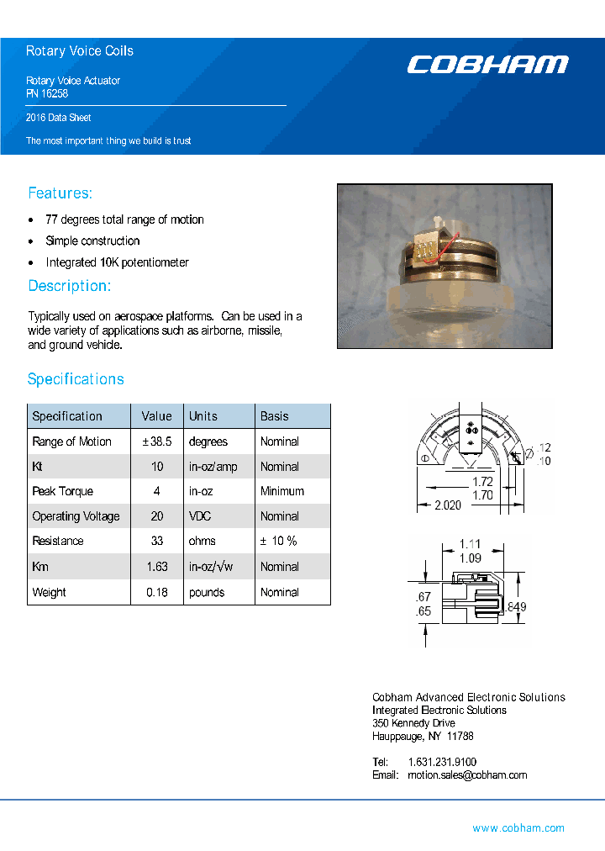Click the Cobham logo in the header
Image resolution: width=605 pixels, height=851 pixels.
pyautogui.click(x=487, y=65)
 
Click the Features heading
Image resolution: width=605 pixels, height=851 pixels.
pyautogui.click(x=60, y=193)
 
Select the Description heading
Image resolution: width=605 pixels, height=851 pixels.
pyautogui.click(x=69, y=286)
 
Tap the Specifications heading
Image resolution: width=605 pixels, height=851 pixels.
pyautogui.click(x=76, y=379)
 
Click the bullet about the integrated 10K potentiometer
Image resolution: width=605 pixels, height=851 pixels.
pyautogui.click(x=117, y=262)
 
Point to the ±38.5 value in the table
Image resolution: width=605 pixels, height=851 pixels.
pyautogui.click(x=156, y=441)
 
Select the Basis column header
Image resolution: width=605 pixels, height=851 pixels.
pyautogui.click(x=274, y=416)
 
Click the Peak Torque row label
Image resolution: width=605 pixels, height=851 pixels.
pyautogui.click(x=62, y=491)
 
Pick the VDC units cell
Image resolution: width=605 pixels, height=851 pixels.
pyautogui.click(x=202, y=516)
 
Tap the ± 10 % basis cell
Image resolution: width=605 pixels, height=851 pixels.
pyautogui.click(x=278, y=541)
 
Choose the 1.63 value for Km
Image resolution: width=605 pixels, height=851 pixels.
pyautogui.click(x=157, y=567)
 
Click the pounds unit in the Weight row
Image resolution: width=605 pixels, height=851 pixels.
pyautogui.click(x=207, y=592)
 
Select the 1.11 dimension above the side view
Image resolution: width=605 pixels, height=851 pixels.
pyautogui.click(x=471, y=545)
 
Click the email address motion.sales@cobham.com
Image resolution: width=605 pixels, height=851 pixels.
pyautogui.click(x=466, y=775)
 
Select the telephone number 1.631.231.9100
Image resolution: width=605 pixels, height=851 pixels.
pyautogui.click(x=441, y=762)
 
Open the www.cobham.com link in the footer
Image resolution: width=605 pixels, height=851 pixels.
pyautogui.click(x=518, y=828)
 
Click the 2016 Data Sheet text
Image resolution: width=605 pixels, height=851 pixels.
pyautogui.click(x=58, y=118)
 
